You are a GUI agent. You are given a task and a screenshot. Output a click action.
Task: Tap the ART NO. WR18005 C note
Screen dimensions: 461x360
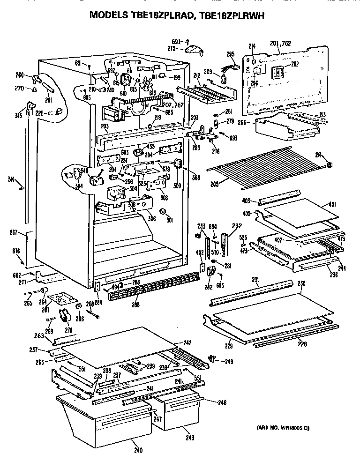click(283, 428)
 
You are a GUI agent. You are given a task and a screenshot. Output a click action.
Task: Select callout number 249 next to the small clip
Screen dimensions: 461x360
click(229, 361)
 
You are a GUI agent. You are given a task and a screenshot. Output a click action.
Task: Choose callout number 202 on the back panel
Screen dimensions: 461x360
click(294, 64)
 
